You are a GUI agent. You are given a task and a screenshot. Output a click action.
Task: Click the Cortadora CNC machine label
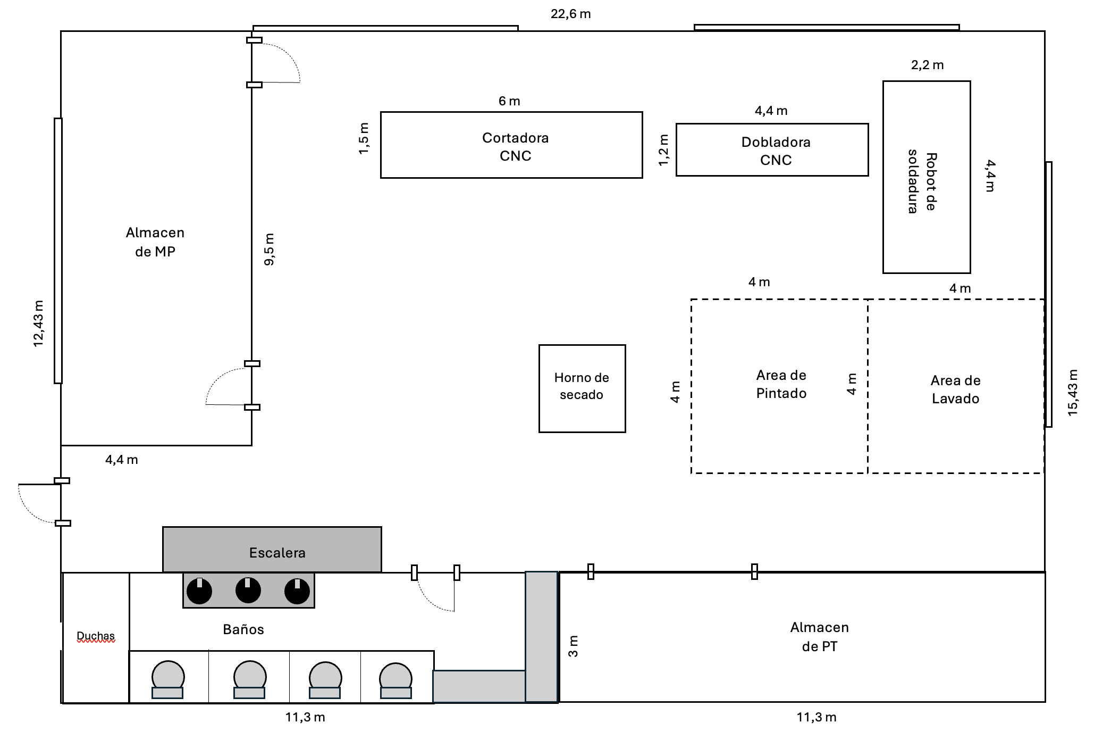pos(515,146)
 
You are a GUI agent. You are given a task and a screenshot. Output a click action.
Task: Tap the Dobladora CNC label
pos(776,151)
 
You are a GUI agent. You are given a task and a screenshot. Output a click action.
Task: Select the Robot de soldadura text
pos(922,182)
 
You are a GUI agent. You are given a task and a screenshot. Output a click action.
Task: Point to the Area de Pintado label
pos(781,384)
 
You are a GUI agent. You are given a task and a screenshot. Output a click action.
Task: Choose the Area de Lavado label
pos(955,389)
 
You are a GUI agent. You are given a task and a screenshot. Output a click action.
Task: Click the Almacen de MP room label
pos(155,242)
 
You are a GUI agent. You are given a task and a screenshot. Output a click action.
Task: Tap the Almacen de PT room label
pos(819,637)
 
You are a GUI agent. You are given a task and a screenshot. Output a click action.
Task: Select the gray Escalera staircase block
pos(272,550)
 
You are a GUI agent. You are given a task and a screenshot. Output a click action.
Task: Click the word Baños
pos(243,629)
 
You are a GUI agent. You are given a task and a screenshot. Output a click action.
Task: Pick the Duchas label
pos(96,636)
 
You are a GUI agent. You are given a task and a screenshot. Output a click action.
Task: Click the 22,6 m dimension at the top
pos(570,14)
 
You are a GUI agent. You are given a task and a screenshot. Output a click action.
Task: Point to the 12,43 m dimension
pos(38,323)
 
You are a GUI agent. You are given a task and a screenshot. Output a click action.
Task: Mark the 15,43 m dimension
pos(1073,392)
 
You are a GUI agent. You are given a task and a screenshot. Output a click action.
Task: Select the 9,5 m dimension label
pos(270,249)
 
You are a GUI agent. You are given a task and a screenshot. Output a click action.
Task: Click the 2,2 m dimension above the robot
pos(927,65)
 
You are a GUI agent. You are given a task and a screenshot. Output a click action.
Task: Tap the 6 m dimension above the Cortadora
pos(509,101)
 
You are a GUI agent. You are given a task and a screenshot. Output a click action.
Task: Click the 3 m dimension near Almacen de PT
pos(573,646)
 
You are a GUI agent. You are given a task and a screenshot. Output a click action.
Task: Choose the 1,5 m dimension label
pos(364,138)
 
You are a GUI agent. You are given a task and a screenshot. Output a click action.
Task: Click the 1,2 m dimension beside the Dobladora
pos(663,149)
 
